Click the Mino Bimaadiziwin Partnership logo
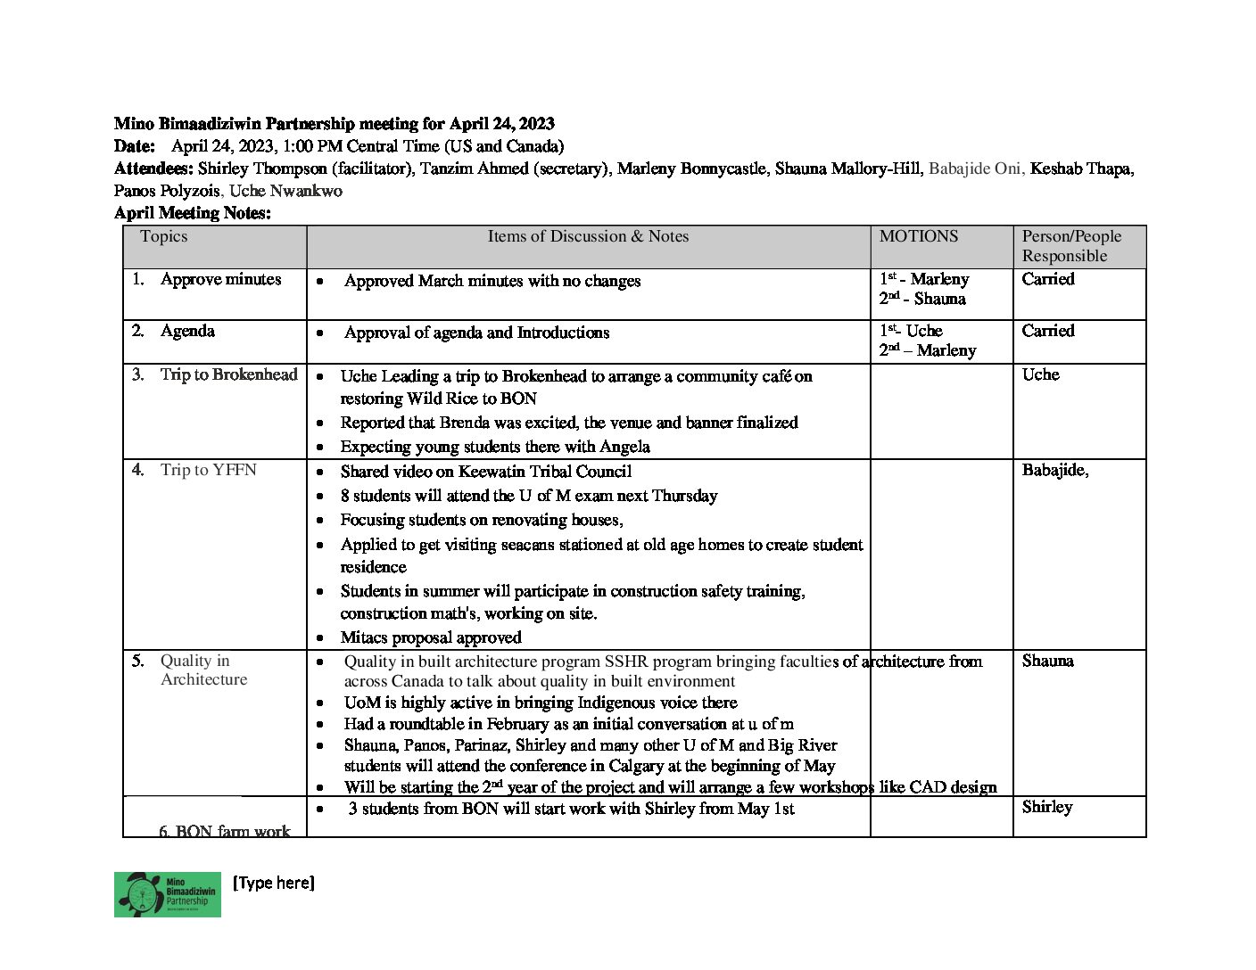[x=167, y=894]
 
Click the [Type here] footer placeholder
[x=273, y=883]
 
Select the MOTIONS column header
[x=918, y=236]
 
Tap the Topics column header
[x=163, y=236]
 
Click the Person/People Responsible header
[x=1070, y=246]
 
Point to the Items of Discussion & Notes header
[x=588, y=236]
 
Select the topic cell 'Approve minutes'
[x=219, y=279]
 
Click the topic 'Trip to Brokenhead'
[x=228, y=374]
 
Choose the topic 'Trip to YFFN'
[x=208, y=470]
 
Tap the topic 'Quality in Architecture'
[x=203, y=670]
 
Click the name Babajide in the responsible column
[x=1054, y=470]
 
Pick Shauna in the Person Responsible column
[x=1047, y=661]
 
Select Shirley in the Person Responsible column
[x=1046, y=807]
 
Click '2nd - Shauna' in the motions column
[x=922, y=300]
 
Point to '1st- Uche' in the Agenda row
[x=911, y=331]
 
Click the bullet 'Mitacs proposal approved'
[x=430, y=637]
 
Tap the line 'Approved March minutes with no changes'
[x=492, y=281]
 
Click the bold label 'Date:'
[x=135, y=146]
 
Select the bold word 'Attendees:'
[x=153, y=169]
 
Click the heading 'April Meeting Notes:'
[x=192, y=213]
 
